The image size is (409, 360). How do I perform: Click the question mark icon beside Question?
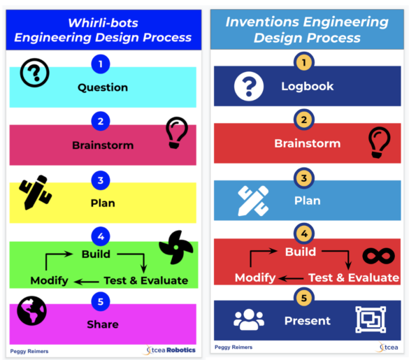click(35, 73)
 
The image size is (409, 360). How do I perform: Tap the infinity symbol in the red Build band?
click(378, 256)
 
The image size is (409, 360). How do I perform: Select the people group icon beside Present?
click(248, 320)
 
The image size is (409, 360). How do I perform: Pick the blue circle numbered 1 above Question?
click(101, 64)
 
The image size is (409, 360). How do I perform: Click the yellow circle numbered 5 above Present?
click(303, 298)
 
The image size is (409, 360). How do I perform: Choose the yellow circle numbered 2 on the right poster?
click(303, 120)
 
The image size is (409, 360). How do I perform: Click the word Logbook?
click(307, 87)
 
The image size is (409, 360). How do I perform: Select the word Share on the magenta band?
click(103, 324)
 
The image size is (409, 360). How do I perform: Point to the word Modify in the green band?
click(49, 280)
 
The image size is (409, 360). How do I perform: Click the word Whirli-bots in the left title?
click(102, 22)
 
